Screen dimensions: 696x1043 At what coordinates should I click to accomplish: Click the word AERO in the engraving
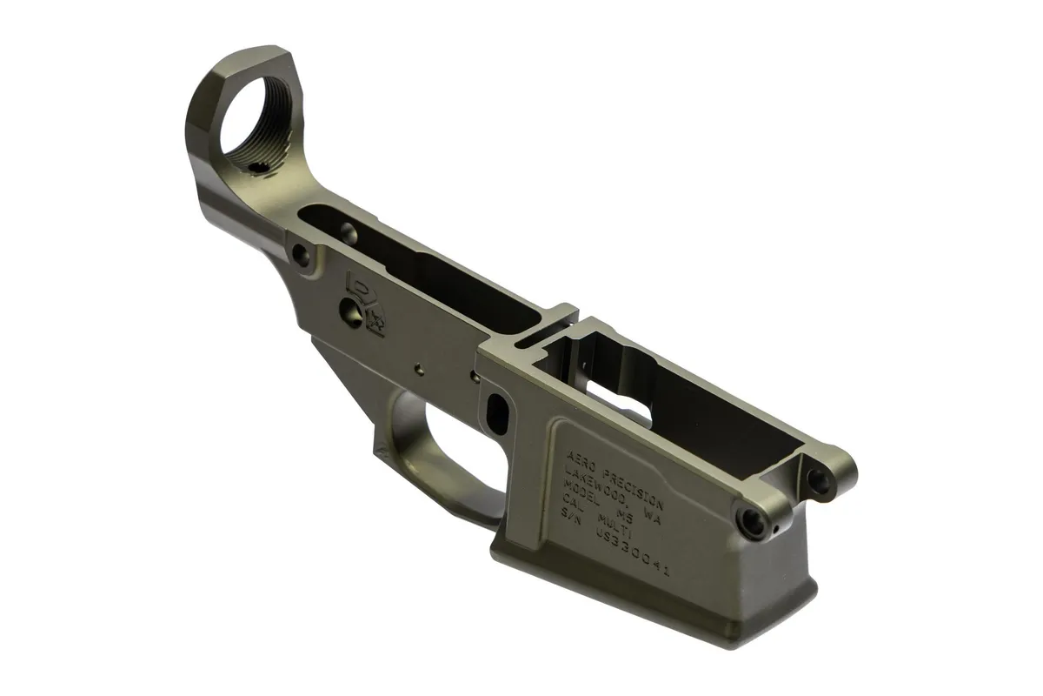[581, 460]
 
